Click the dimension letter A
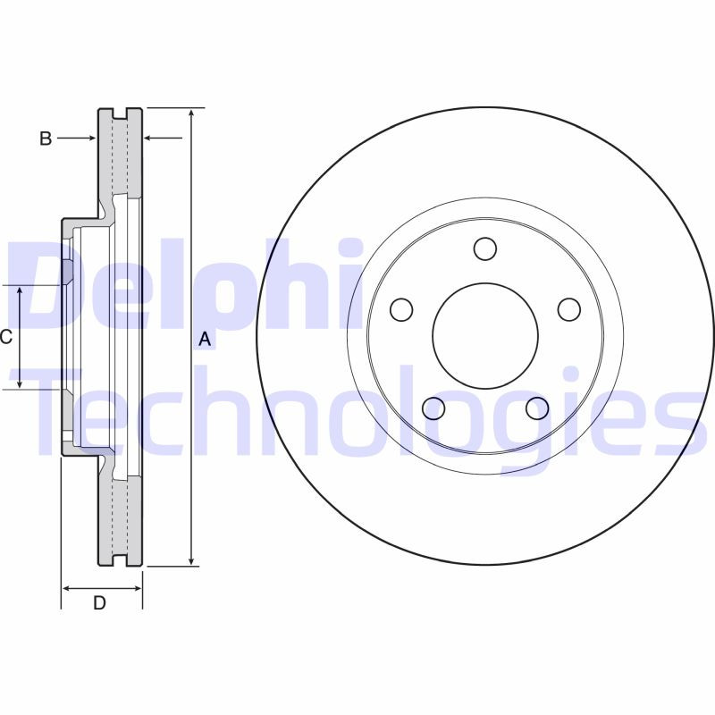click(205, 339)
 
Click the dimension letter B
click(46, 138)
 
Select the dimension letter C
click(5, 337)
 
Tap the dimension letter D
click(100, 603)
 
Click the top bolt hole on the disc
click(485, 248)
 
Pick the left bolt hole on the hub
click(401, 309)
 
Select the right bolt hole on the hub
click(569, 309)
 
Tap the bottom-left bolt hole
click(433, 408)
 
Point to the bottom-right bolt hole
click(536, 408)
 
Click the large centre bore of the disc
click(485, 336)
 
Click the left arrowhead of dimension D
click(66, 588)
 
